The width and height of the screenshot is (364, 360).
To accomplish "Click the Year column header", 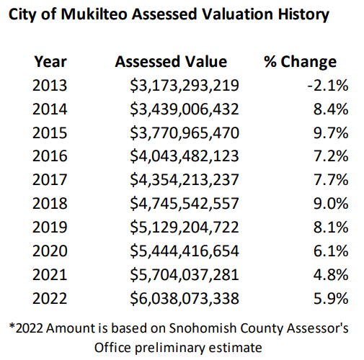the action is click(50, 62).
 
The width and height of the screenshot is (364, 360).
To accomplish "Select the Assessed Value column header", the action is click(171, 62).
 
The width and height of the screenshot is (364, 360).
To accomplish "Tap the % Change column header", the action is click(300, 62).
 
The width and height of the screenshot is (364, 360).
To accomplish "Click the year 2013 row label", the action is click(50, 85).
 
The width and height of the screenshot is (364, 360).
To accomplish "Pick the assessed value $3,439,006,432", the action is click(185, 109).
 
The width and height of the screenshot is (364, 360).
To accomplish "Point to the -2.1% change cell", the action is click(328, 85).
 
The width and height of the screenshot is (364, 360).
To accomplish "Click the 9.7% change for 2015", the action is click(331, 132).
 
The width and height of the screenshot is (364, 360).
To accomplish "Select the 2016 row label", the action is click(50, 156).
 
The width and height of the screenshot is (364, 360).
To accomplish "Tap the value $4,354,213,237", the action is click(185, 180).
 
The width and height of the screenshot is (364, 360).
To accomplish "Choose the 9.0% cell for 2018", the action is click(331, 203).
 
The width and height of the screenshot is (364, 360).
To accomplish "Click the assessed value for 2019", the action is click(185, 228).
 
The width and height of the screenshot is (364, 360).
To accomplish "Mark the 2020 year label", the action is click(50, 251).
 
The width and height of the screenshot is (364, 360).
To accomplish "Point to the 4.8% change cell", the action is click(331, 274).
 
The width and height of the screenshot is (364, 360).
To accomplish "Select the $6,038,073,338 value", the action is click(185, 299).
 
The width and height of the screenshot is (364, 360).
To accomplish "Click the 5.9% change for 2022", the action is click(331, 298).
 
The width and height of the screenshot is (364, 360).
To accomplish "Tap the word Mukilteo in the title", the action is click(94, 14).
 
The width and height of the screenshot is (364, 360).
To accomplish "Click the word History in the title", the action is click(303, 15).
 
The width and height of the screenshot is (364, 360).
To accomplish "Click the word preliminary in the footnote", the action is click(169, 348).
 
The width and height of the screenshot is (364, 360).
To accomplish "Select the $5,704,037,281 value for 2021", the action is click(185, 275).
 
